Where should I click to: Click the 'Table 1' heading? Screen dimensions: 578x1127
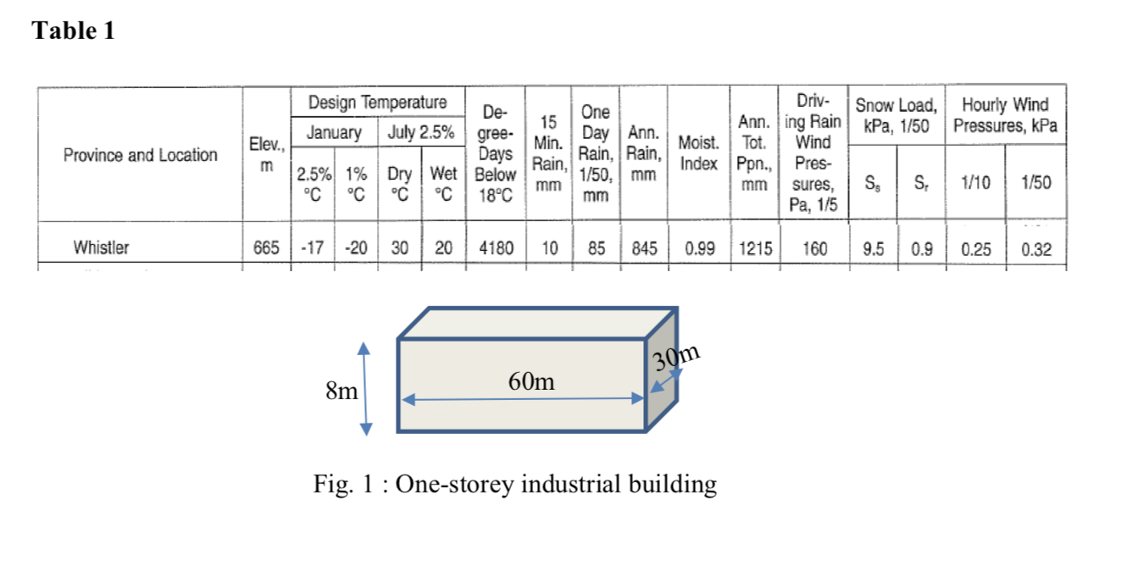(73, 31)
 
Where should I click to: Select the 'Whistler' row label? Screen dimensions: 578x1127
(101, 248)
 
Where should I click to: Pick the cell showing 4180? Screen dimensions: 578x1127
(495, 248)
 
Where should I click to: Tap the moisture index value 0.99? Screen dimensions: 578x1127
(699, 248)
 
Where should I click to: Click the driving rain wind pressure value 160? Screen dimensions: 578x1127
(814, 248)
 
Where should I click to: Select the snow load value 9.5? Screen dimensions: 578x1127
(874, 248)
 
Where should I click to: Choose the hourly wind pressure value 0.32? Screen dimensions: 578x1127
(1037, 248)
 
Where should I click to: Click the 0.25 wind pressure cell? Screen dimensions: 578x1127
(977, 248)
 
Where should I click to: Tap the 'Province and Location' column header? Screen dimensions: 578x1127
(140, 155)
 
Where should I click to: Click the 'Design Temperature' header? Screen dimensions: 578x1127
(377, 103)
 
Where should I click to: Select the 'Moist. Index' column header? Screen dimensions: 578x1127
(699, 153)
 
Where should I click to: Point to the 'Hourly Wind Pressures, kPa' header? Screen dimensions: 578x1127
(1005, 116)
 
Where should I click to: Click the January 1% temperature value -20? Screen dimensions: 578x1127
(357, 248)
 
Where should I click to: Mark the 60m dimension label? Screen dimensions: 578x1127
(531, 381)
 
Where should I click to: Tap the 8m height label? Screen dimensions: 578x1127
(341, 391)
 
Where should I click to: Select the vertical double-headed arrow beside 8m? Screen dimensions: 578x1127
(365, 388)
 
